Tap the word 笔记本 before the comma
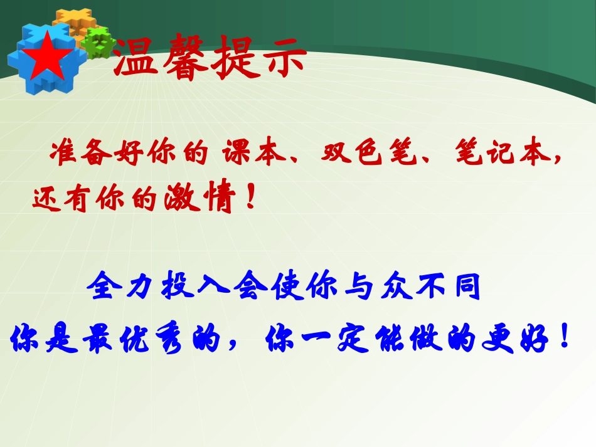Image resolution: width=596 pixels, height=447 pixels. click(x=496, y=155)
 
